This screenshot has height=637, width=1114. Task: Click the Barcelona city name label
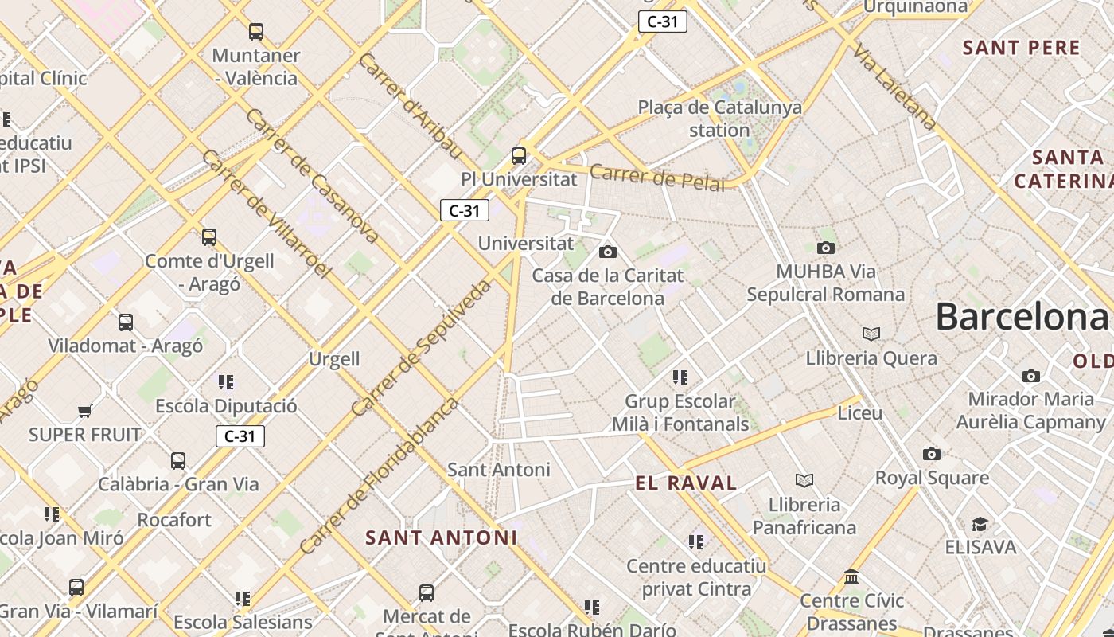point(1022,317)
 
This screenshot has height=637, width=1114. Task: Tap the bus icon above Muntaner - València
point(256,32)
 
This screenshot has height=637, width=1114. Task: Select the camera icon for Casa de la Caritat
point(608,252)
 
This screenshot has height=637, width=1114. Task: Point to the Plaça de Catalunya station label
point(719,118)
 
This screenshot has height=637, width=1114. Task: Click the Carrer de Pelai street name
point(657,178)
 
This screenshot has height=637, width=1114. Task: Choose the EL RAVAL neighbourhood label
point(686,483)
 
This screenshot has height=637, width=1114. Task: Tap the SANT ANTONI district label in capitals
point(442,537)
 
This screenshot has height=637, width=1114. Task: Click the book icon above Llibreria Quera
point(871,334)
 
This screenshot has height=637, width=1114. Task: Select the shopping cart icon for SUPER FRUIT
point(85,411)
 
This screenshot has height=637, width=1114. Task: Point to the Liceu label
point(860,413)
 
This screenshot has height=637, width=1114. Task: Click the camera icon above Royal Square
point(932,454)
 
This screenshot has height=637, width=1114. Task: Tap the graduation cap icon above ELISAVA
point(980,524)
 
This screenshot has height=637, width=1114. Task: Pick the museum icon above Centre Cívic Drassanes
point(851,576)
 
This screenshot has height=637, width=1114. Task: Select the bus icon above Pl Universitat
point(519,155)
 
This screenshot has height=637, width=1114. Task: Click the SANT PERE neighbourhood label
point(1022,48)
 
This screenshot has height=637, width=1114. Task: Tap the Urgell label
point(334,359)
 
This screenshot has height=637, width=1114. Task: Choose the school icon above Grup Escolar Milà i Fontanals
point(680,377)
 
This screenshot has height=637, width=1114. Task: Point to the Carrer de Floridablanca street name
point(380,475)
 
